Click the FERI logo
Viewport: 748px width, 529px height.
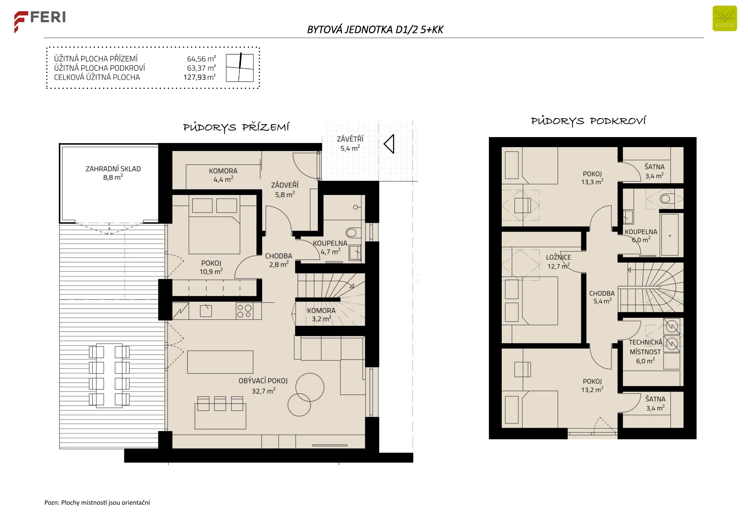coord(40,21)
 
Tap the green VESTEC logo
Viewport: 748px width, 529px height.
coord(725,19)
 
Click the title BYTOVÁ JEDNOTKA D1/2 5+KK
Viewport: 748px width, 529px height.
coord(375,30)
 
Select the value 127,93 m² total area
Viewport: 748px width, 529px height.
coord(199,77)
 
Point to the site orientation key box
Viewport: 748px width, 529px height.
coord(240,67)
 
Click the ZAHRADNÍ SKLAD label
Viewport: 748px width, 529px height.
coord(113,169)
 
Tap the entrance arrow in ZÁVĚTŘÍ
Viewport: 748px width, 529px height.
coord(389,144)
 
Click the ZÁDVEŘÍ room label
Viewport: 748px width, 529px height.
coord(285,185)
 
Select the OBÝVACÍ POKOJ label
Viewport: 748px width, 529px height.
coord(263,381)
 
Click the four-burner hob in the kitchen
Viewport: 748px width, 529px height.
coord(244,311)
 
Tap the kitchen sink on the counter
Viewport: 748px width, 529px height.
coord(206,311)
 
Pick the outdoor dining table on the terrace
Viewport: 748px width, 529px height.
coord(109,376)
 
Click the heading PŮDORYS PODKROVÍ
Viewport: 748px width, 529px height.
coord(588,121)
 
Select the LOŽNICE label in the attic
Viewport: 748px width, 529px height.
coord(559,257)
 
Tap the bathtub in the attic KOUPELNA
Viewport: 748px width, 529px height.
coord(669,235)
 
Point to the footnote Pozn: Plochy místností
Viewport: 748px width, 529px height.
coord(97,502)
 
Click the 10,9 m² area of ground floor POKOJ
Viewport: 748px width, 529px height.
coord(211,271)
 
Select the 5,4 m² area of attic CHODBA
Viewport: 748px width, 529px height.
coord(602,301)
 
